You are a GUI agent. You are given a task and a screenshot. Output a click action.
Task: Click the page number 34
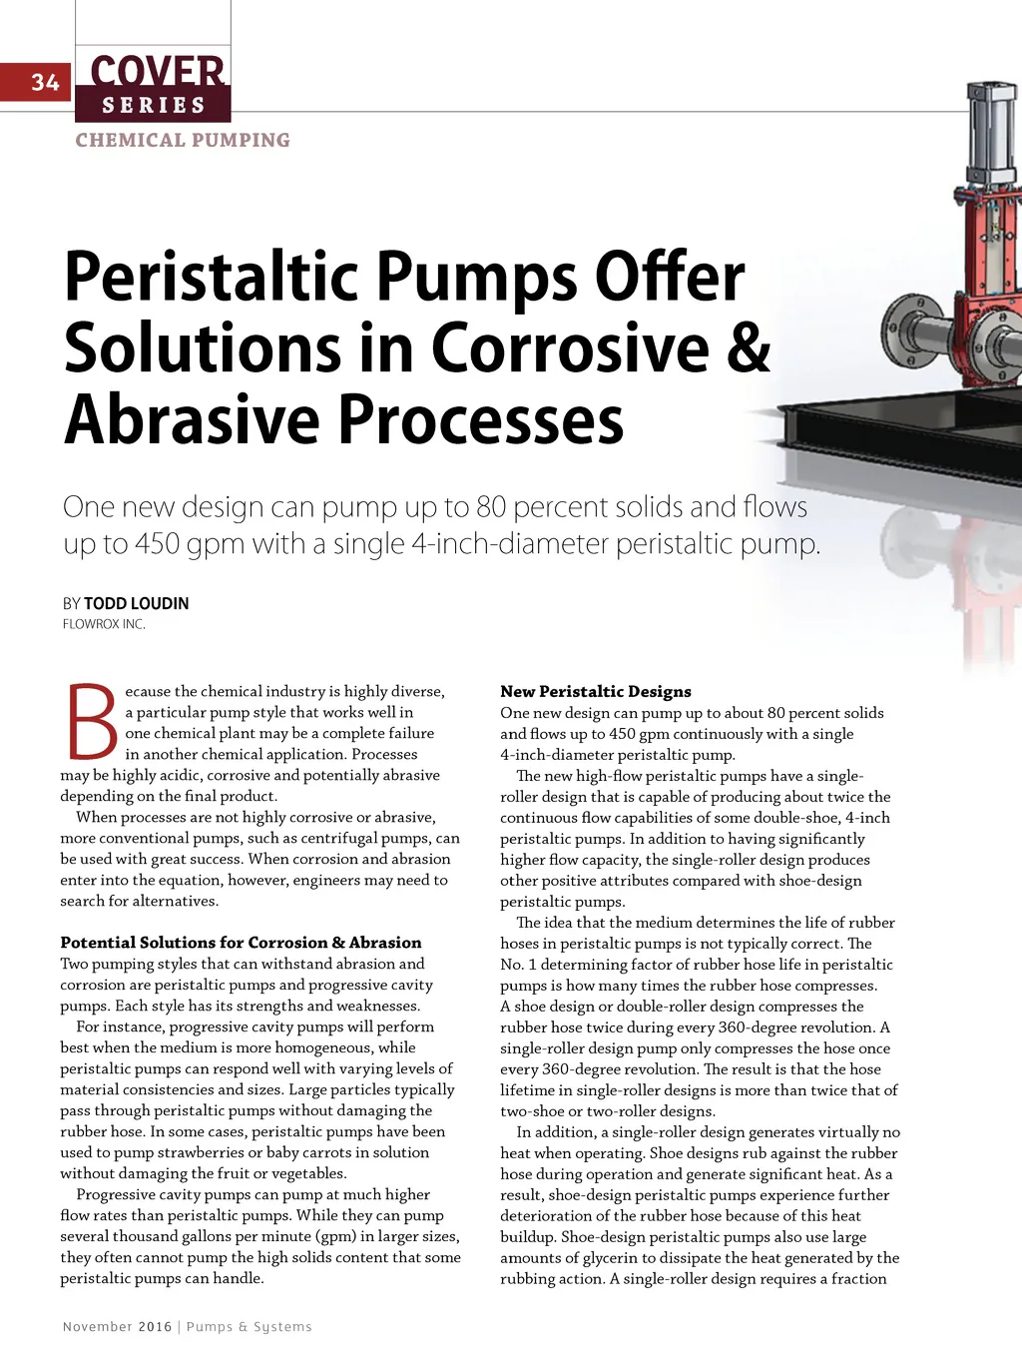pos(45,82)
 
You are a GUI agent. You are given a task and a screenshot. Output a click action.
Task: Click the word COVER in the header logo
pos(157,71)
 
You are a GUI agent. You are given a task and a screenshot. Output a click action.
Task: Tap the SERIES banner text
pos(153,105)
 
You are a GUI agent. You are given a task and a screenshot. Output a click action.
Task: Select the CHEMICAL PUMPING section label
pos(183,141)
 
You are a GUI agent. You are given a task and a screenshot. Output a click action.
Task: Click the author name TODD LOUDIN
pos(136,603)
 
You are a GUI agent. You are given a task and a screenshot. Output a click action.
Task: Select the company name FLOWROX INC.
pos(104,624)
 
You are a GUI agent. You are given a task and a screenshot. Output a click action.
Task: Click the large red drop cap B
pos(91,722)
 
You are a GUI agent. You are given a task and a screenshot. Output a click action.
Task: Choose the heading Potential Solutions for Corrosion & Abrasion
pos(241,943)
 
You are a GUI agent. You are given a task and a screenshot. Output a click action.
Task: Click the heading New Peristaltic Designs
pos(595,691)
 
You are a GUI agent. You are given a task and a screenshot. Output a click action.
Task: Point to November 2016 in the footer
pos(117,1326)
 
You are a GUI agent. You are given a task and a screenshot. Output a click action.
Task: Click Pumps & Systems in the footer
pos(249,1326)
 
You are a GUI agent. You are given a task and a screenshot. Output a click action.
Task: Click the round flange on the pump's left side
pos(907,332)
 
